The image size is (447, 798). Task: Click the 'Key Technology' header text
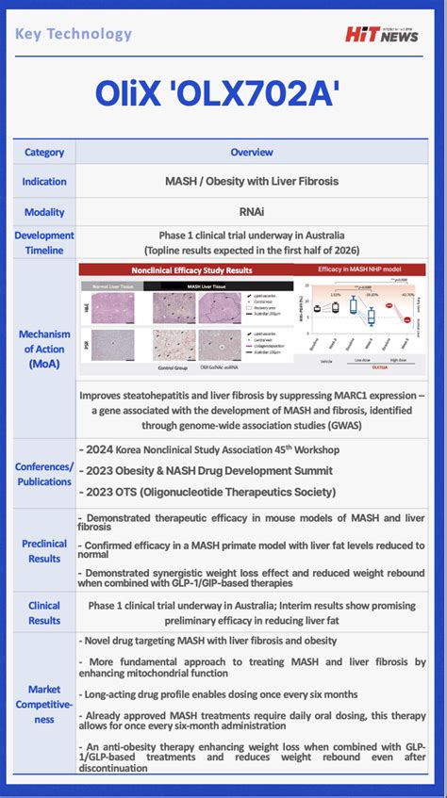74,34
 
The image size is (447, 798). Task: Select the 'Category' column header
44,152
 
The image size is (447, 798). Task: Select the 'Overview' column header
252,152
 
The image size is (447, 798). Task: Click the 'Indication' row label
44,181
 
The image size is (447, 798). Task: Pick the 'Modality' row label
44,212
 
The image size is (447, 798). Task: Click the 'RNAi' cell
252,212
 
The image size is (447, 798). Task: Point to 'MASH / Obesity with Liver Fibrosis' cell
252,181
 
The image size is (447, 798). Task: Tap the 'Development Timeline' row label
44,242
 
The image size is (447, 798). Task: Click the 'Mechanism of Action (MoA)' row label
44,349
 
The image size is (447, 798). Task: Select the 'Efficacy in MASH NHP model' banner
359,269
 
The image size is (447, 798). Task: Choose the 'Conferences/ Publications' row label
44,474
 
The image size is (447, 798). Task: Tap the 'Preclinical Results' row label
44,551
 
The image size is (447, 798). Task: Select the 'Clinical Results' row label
44,612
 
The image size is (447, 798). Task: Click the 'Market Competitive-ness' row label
44,705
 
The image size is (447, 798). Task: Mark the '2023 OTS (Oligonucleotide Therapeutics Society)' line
210,492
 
